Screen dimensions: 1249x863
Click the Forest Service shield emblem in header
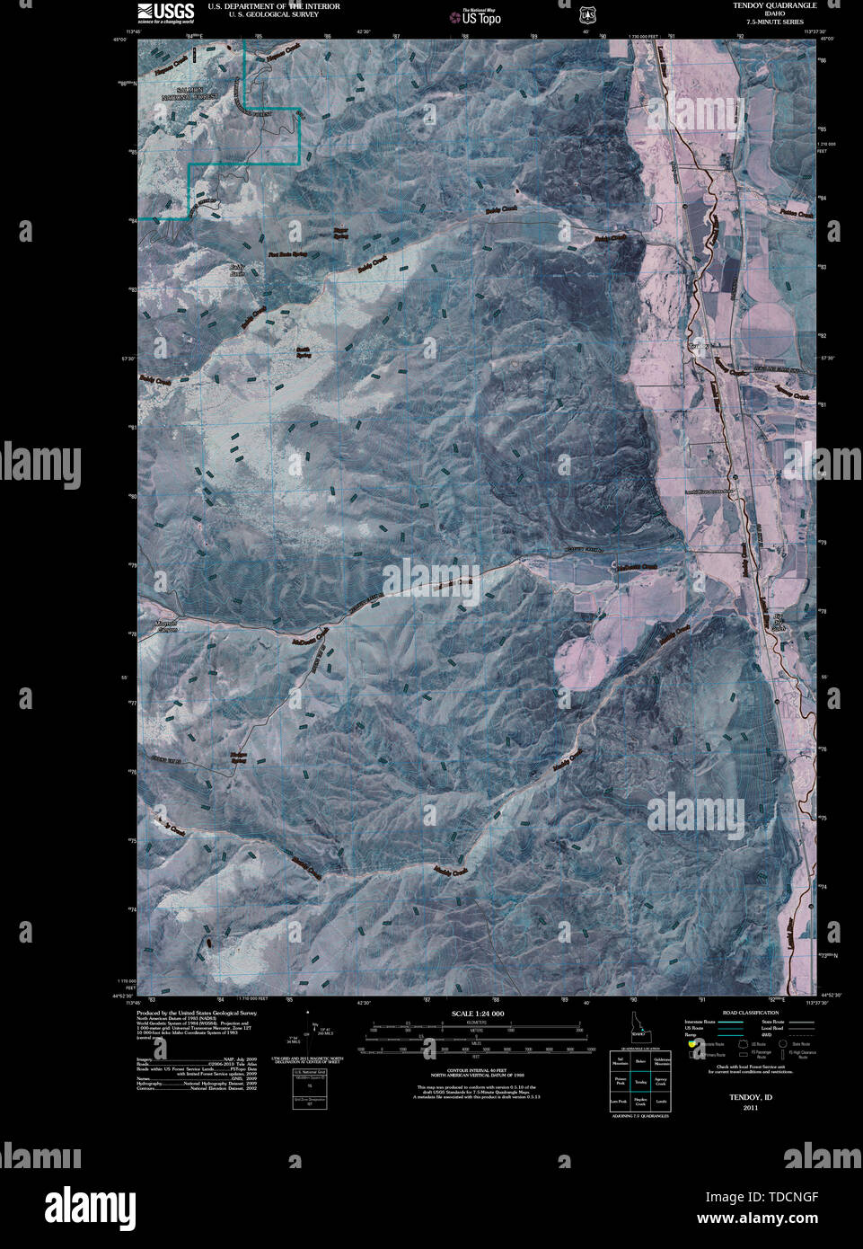pos(587,13)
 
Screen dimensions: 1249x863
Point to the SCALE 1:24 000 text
pos(476,1013)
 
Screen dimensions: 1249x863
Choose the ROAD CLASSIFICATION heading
pos(743,1012)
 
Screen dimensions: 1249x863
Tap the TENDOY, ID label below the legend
pos(750,1097)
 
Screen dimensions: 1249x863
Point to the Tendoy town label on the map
pos(699,346)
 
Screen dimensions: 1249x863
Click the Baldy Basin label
pos(236,270)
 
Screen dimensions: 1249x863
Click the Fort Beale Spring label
pos(287,254)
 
